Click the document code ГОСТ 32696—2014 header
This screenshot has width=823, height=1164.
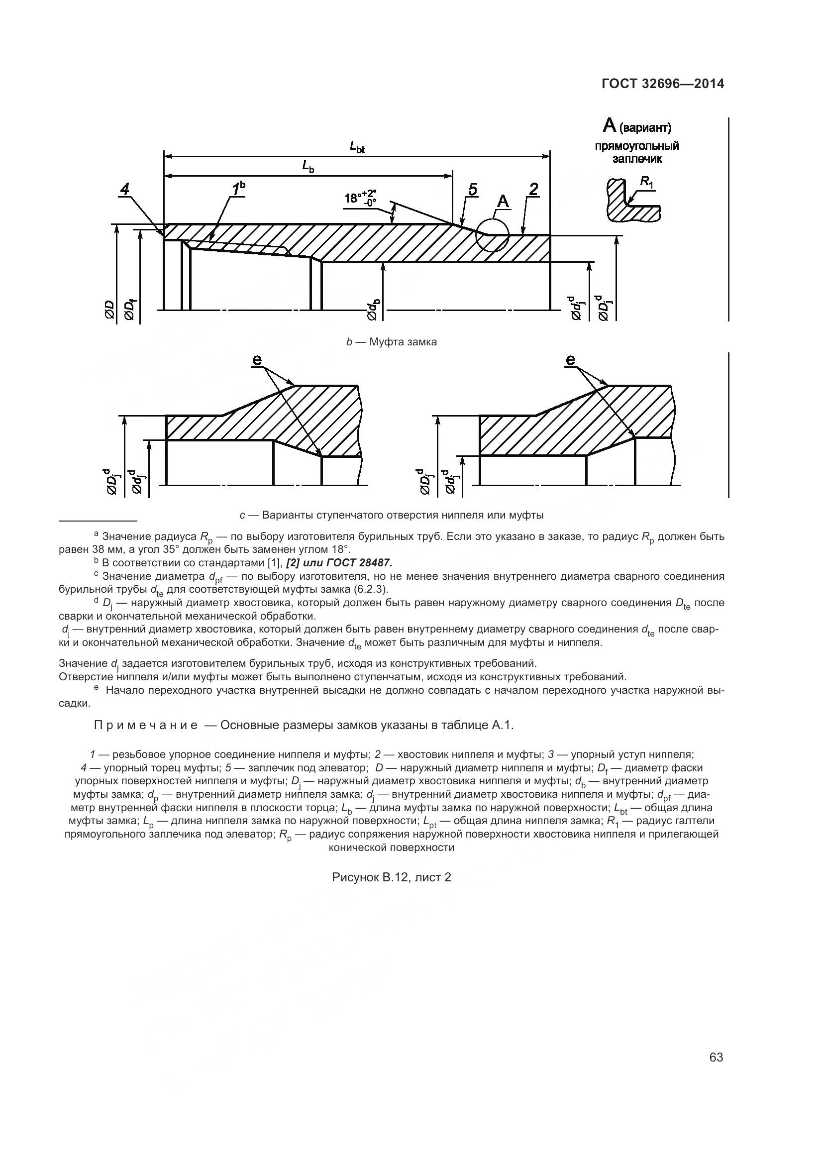(662, 84)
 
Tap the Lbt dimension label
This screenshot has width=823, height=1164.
(357, 147)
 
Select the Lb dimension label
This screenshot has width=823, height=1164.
(308, 166)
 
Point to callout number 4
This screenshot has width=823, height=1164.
(125, 190)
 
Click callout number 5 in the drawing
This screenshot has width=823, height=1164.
(472, 190)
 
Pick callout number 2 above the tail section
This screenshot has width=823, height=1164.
(533, 190)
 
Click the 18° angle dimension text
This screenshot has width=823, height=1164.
(360, 197)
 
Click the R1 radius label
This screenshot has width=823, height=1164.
(646, 181)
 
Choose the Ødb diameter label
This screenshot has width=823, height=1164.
(374, 310)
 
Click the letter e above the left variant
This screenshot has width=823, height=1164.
(257, 359)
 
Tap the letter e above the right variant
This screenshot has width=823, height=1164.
(571, 359)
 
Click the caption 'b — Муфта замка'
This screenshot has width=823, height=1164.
(391, 342)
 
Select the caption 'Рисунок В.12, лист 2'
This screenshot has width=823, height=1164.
(391, 877)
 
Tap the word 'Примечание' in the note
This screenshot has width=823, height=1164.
(146, 725)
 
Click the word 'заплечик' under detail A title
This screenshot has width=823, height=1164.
(637, 159)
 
